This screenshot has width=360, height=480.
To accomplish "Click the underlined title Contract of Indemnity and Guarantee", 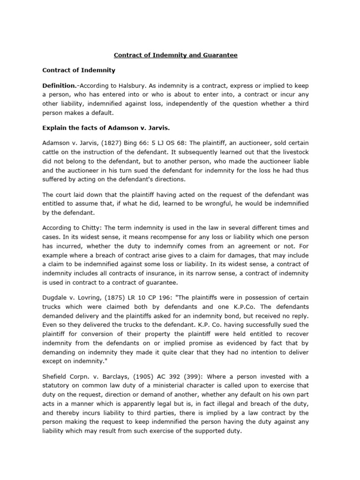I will pyautogui.click(x=176, y=55).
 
